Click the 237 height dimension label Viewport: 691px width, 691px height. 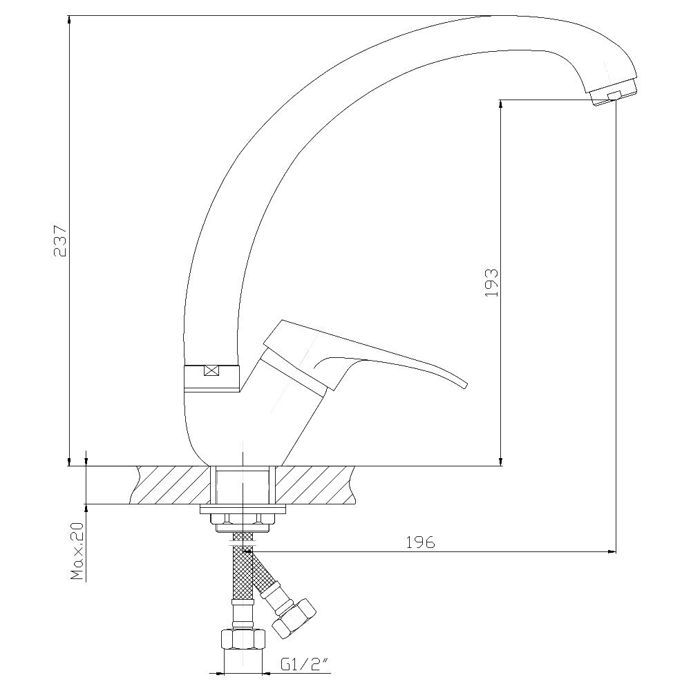(x=59, y=241)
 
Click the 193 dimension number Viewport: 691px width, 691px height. (x=491, y=283)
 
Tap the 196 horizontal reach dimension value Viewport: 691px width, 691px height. (x=420, y=542)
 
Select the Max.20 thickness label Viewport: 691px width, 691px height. (x=77, y=551)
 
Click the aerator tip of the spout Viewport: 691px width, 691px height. (x=614, y=93)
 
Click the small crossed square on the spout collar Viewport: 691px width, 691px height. (x=212, y=370)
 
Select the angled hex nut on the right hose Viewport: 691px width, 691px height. (x=294, y=618)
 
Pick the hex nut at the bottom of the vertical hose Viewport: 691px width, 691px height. (x=243, y=639)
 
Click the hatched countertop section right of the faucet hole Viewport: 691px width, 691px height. (x=316, y=485)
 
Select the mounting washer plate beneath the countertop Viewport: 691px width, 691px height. (x=243, y=509)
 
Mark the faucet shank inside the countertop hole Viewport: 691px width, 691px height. (x=243, y=486)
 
